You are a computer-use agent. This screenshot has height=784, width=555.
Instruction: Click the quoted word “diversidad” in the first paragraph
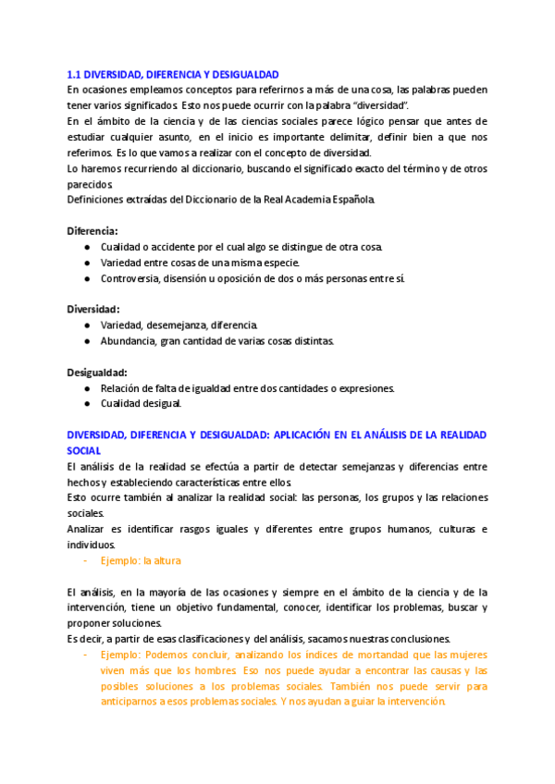pyautogui.click(x=380, y=105)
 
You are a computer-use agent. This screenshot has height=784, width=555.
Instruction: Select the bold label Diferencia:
pyautogui.click(x=92, y=230)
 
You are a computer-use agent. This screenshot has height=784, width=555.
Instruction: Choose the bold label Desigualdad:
pyautogui.click(x=96, y=372)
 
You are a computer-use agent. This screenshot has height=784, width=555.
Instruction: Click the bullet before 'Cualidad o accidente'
pyautogui.click(x=86, y=247)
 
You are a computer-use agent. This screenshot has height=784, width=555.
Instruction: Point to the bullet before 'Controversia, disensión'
pyautogui.click(x=86, y=278)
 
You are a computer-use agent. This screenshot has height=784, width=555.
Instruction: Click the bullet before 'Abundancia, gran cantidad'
pyautogui.click(x=86, y=340)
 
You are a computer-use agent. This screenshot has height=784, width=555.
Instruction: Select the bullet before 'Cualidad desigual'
pyautogui.click(x=86, y=403)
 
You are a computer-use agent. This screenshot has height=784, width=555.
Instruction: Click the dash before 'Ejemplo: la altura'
pyautogui.click(x=85, y=560)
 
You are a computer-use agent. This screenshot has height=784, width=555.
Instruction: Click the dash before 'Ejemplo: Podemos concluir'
pyautogui.click(x=85, y=655)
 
